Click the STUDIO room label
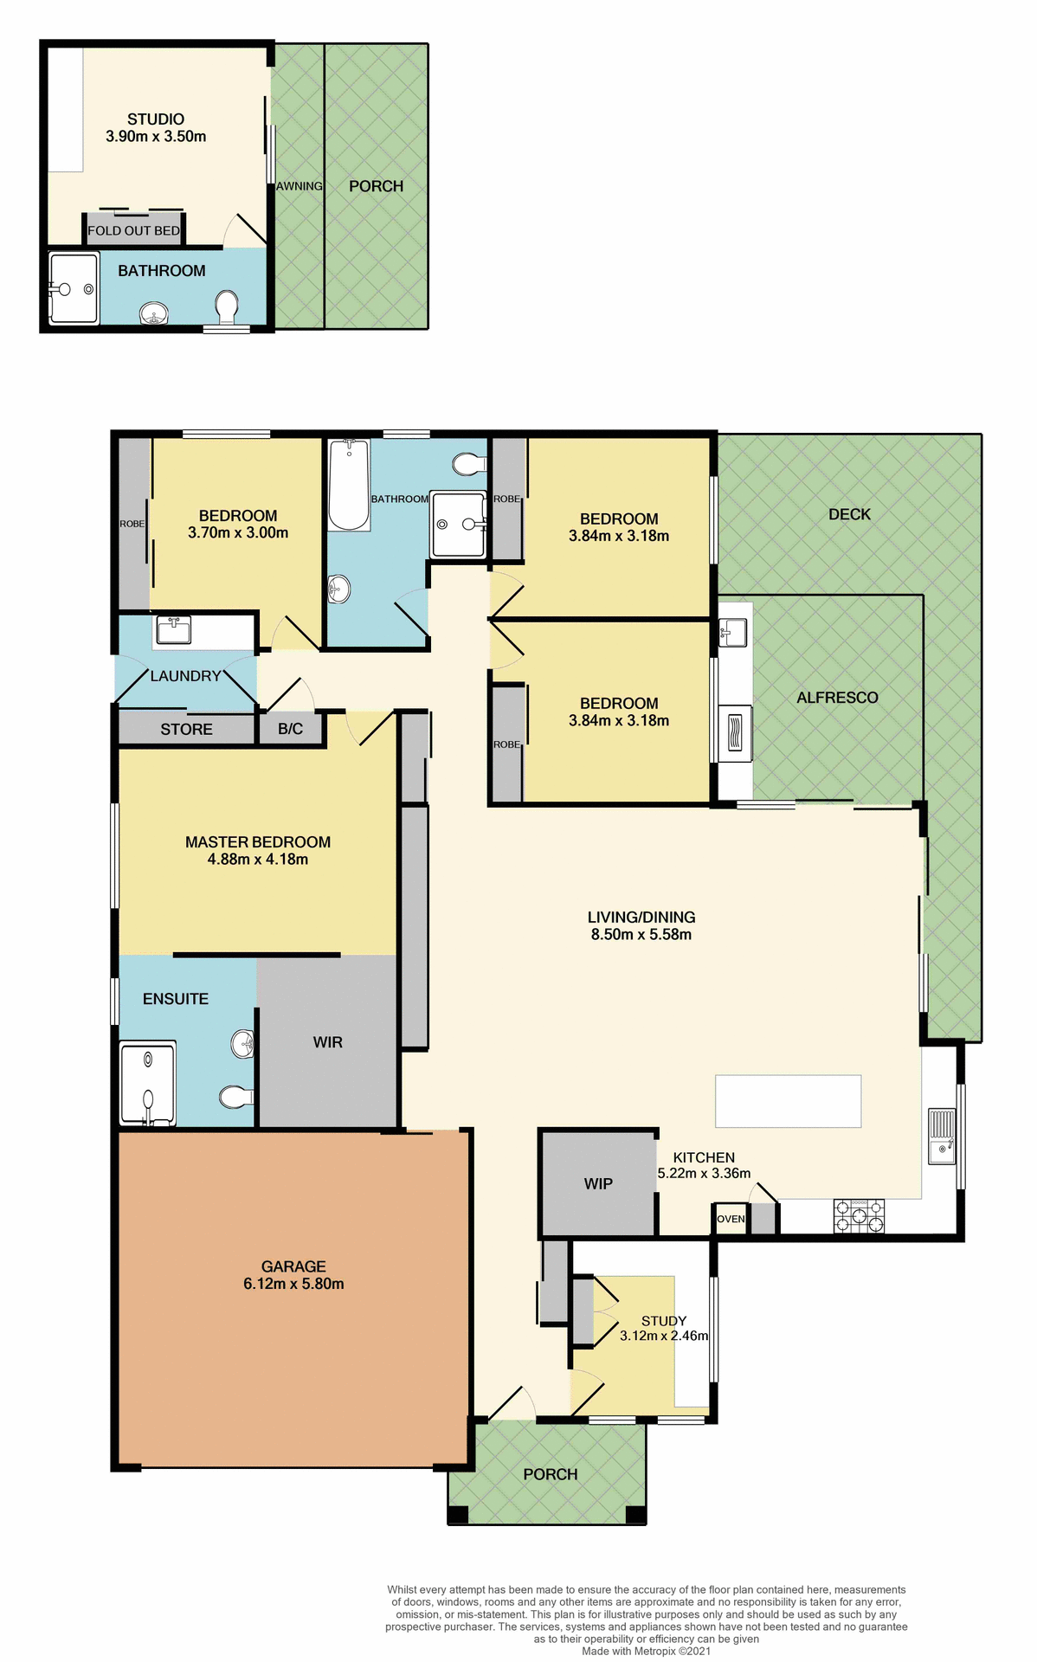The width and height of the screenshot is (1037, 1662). pos(156,119)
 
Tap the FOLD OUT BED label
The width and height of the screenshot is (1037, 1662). pos(133,231)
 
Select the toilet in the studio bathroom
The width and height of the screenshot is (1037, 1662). pos(227,306)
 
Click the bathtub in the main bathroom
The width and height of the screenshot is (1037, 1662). pos(349,485)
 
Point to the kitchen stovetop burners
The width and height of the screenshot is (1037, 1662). pos(859,1215)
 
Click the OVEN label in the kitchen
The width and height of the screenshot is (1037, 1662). pos(731,1219)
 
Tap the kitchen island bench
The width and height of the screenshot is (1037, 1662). pos(788,1101)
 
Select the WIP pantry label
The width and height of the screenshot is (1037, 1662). pos(598,1184)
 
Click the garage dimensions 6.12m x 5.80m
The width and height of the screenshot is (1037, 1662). pos(293,1284)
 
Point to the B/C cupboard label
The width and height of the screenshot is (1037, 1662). pos(290,729)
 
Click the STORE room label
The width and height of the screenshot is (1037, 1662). pos(186,730)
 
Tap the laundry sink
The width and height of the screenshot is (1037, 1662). pos(173,630)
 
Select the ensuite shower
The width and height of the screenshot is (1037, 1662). pos(147,1084)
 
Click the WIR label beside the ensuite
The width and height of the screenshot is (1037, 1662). pos(327,1042)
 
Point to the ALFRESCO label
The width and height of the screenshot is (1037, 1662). pos(837,698)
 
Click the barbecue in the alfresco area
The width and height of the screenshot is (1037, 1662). pos(735,733)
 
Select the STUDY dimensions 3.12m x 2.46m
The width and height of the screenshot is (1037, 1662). pos(664,1336)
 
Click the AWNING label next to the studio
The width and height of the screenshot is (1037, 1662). pos(300,186)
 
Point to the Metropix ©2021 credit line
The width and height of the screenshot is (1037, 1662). pos(647,1651)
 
